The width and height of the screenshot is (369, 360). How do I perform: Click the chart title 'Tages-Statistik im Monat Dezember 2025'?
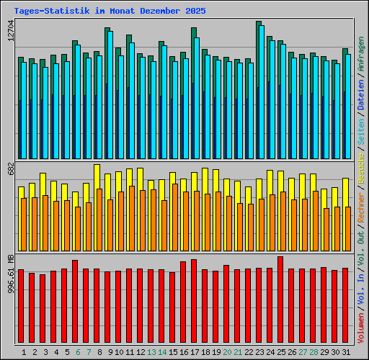[x=110, y=12]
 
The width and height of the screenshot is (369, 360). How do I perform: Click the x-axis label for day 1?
[x=25, y=352]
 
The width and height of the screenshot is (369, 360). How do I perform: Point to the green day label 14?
[x=163, y=352]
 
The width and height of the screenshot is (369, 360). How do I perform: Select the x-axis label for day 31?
[x=347, y=352]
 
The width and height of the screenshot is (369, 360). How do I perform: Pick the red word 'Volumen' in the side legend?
[x=361, y=327]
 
